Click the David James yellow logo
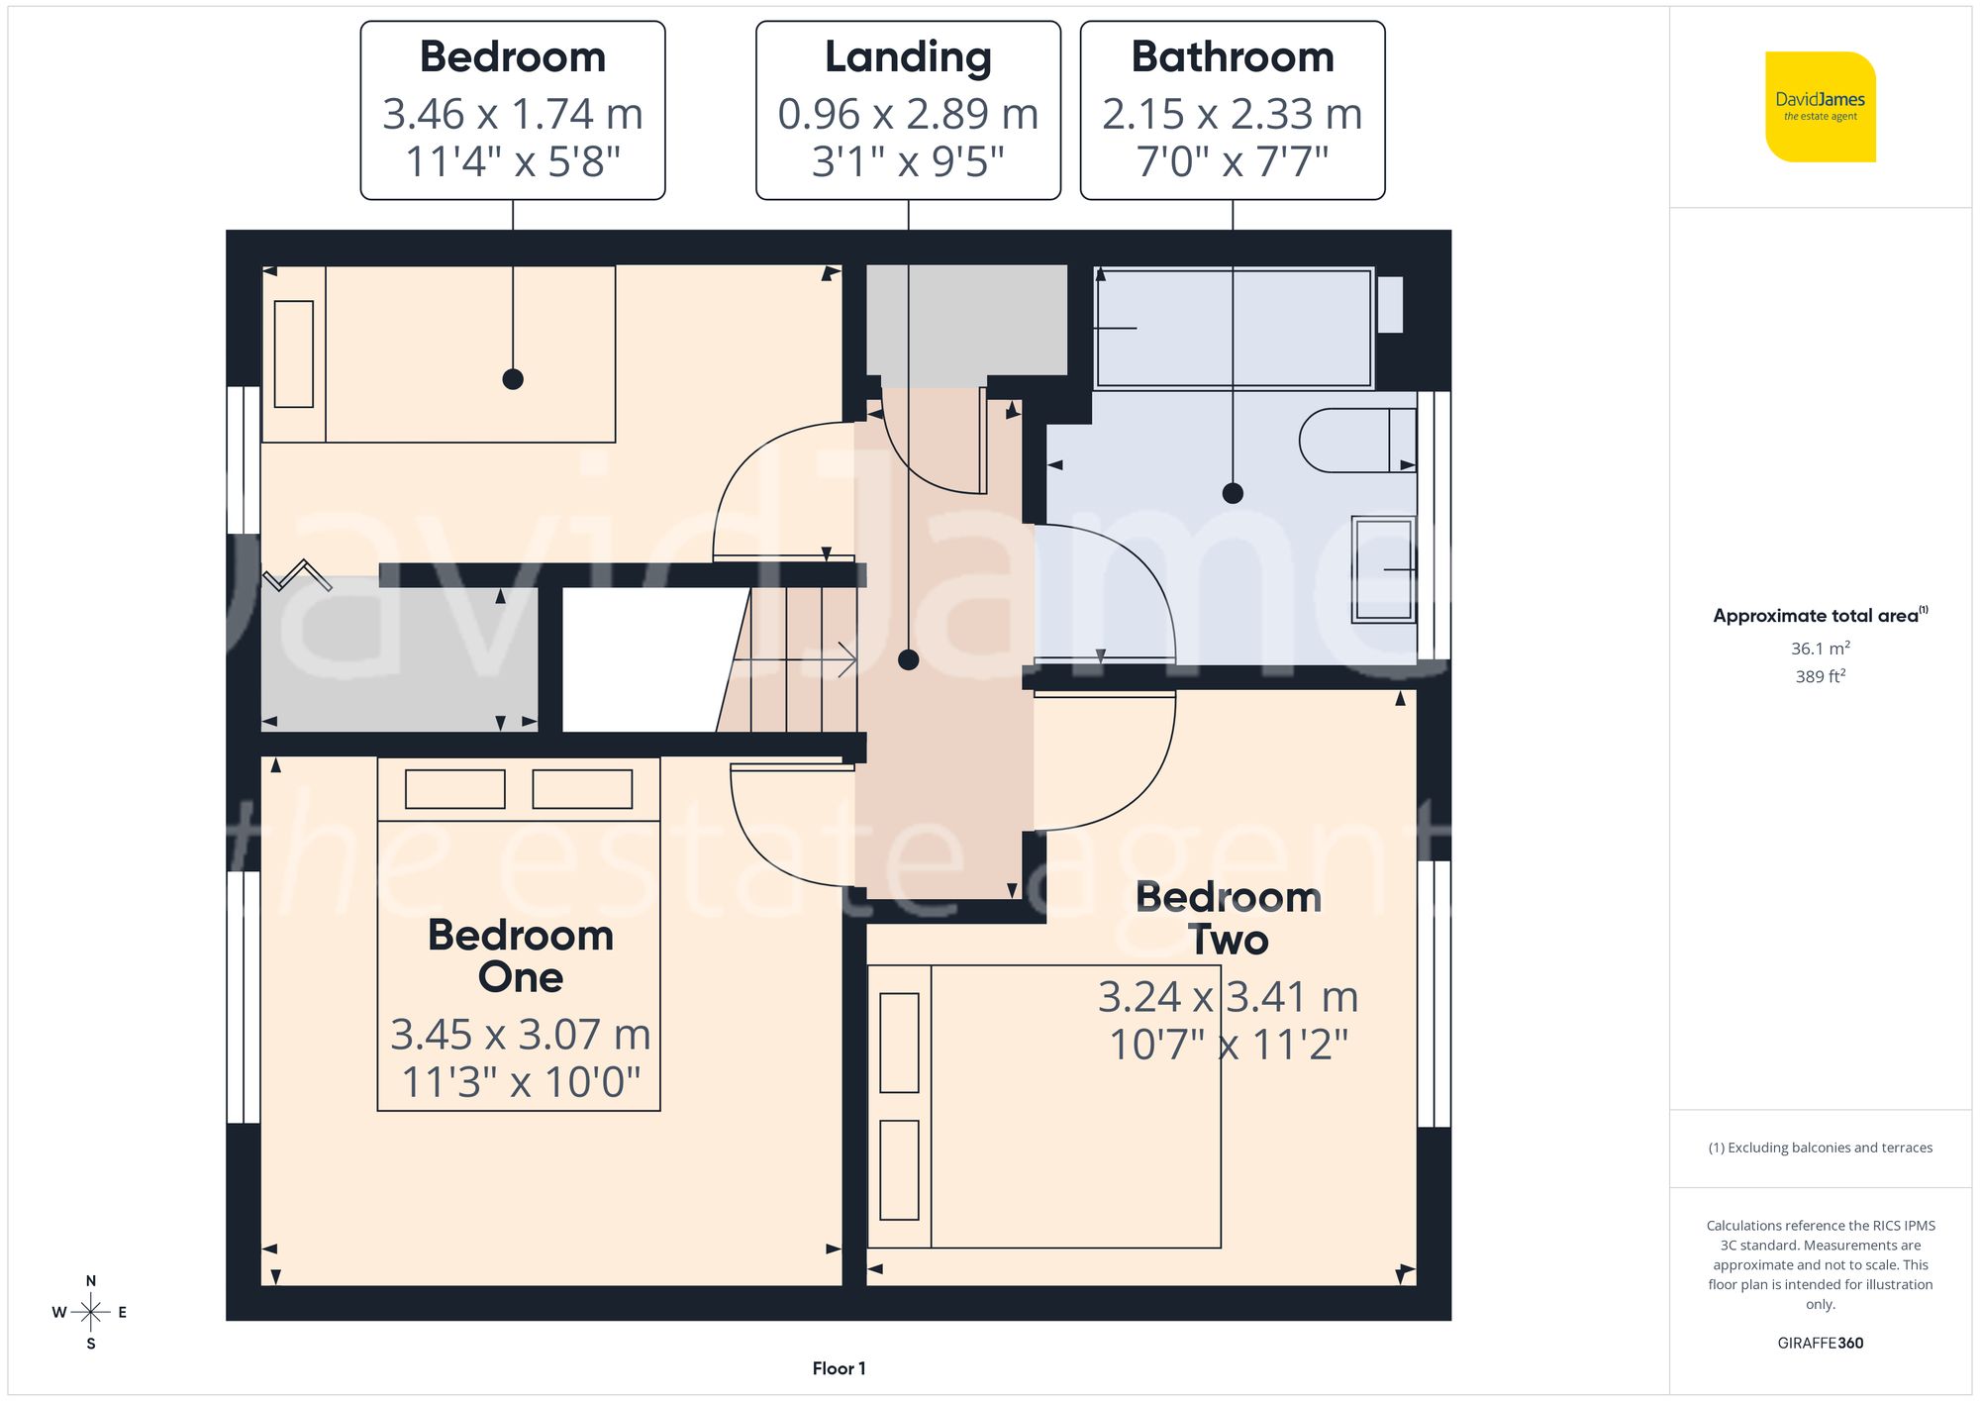tap(1820, 107)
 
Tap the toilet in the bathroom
tap(1356, 441)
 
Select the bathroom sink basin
tap(1383, 570)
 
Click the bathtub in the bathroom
tap(1233, 328)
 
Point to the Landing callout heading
tap(908, 56)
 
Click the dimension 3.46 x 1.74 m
tap(512, 114)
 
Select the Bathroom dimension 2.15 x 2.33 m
tap(1232, 114)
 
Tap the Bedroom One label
tap(520, 955)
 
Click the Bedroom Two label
tap(1228, 918)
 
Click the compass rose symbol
tap(91, 1312)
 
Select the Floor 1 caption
tap(839, 1368)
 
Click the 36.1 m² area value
tap(1820, 649)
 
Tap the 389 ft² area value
tap(1820, 676)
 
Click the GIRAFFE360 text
tap(1820, 1343)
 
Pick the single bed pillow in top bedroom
tap(294, 353)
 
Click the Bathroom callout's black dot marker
tap(1233, 493)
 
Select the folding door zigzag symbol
tap(297, 575)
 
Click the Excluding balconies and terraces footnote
tap(1820, 1148)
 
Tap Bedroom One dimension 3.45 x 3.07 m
tap(520, 1035)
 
